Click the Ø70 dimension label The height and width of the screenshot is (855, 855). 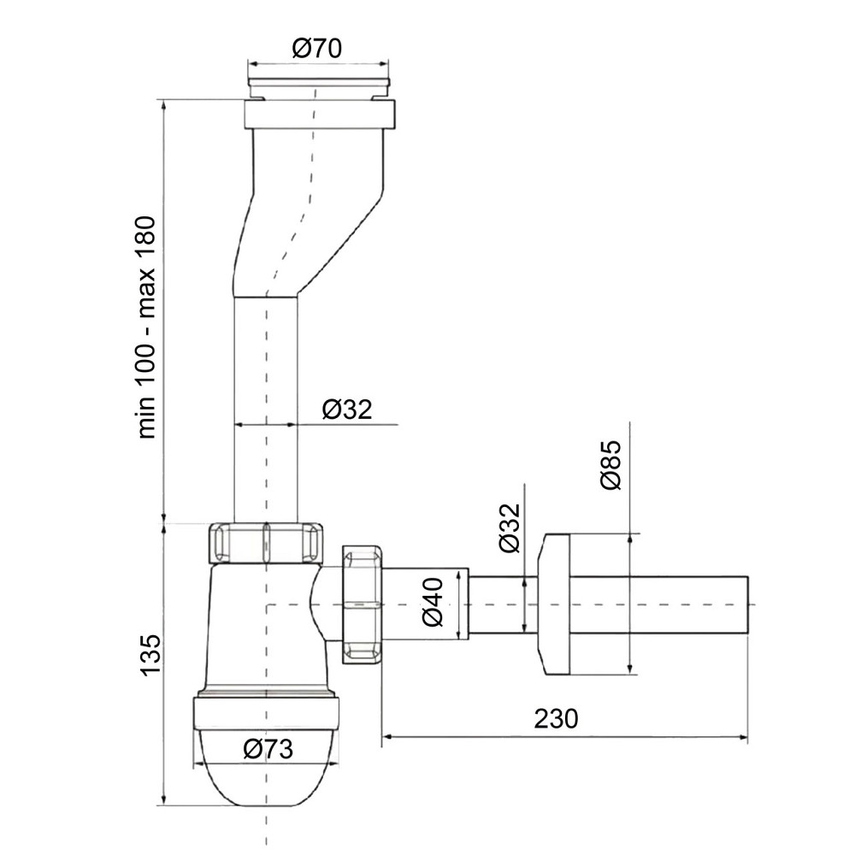316,48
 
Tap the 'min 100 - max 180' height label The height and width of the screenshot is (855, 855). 147,327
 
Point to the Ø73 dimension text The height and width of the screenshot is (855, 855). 268,750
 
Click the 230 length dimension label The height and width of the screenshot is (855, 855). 556,718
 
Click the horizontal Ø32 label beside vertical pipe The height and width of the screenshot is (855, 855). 347,410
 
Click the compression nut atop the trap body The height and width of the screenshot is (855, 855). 267,543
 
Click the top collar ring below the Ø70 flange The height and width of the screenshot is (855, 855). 321,114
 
